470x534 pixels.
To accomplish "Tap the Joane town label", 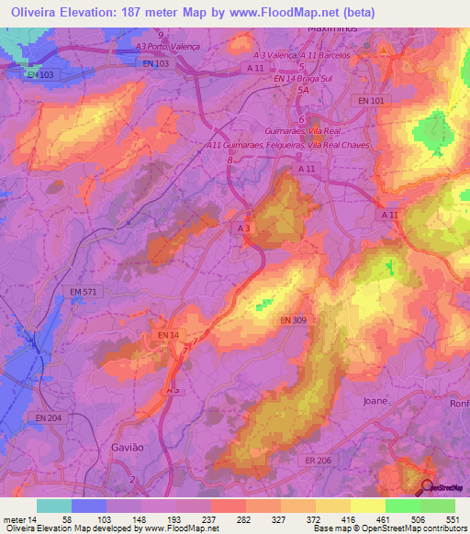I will pos(375,402).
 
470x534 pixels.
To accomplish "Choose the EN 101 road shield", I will pos(372,99).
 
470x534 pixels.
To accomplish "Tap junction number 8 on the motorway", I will pos(229,160).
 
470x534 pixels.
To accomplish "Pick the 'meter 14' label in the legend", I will pos(18,519).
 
